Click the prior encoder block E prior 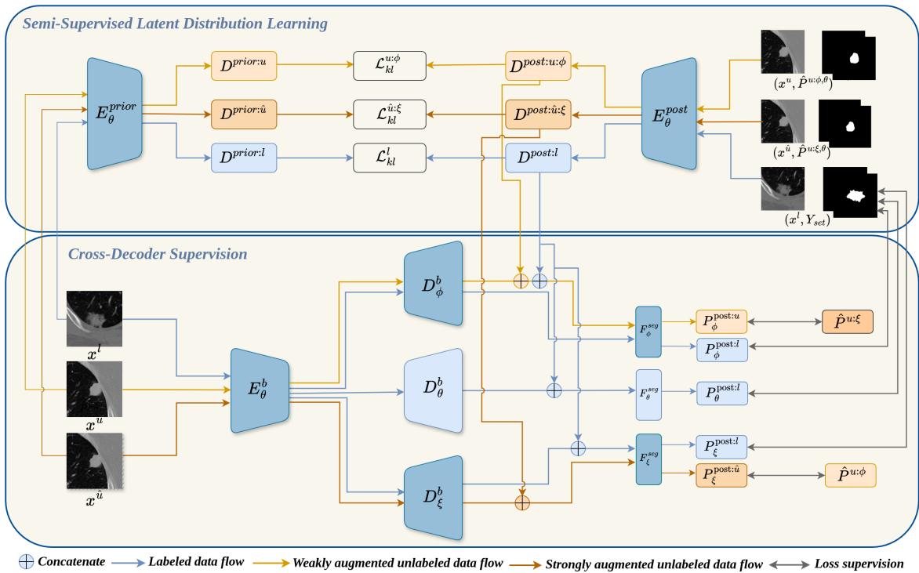(x=116, y=114)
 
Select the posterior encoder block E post (x=669, y=113)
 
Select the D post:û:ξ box (x=538, y=114)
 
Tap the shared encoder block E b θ (x=260, y=390)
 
